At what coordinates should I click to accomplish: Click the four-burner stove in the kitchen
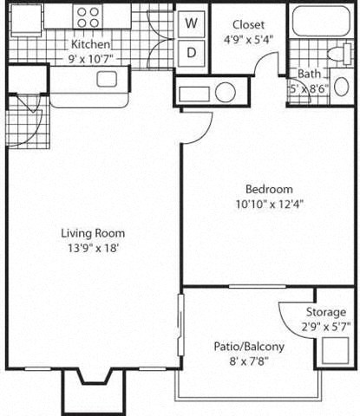pos(88,16)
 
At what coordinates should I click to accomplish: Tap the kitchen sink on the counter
pos(107,80)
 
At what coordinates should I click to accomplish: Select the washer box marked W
pos(192,23)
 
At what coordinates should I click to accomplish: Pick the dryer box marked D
pos(192,52)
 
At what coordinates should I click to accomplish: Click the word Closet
pos(248,25)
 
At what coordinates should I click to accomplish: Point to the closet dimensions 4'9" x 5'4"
pos(248,39)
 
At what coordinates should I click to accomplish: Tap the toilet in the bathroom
pos(341,87)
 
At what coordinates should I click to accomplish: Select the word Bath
pos(310,75)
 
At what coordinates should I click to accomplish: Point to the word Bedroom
pos(268,189)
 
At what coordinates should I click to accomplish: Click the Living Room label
pos(93,232)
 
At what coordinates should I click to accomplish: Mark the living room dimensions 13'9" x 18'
pos(93,247)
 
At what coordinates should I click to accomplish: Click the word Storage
pos(325,312)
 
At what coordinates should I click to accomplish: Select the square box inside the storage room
pos(332,349)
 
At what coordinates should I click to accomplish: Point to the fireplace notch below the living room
pos(93,386)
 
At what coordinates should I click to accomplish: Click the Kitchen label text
pos(89,44)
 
